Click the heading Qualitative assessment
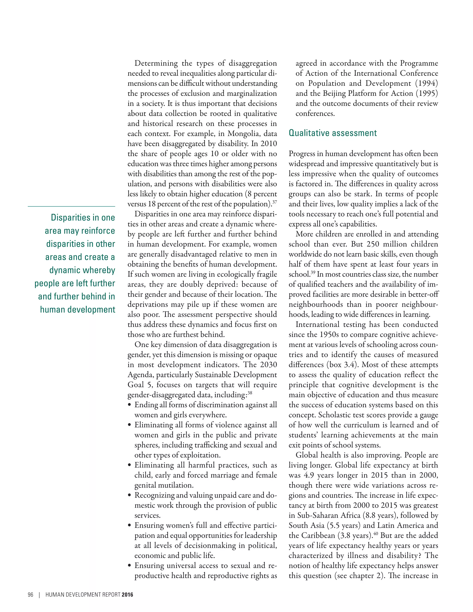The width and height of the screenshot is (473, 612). tap(333, 133)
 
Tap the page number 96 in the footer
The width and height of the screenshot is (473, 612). tap(30, 595)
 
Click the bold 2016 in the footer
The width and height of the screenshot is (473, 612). tap(127, 595)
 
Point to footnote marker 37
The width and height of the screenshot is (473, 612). tap(275, 202)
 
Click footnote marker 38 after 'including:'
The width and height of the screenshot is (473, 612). tap(250, 393)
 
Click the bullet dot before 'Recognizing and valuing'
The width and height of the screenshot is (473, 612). tap(130, 495)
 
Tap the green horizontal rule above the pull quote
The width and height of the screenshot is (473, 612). tap(71, 206)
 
